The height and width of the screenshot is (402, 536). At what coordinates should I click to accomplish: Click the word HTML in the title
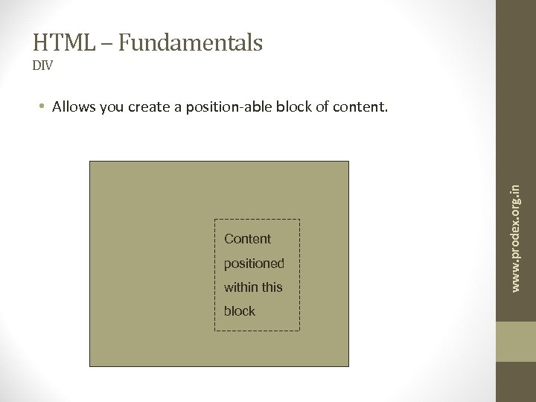(x=60, y=43)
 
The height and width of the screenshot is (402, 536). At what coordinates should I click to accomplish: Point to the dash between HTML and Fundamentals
(x=106, y=44)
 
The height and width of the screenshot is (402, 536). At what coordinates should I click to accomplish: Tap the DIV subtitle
(x=42, y=66)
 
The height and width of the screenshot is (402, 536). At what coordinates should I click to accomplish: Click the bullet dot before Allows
(x=44, y=107)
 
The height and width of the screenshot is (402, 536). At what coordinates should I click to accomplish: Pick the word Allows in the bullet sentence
(x=71, y=107)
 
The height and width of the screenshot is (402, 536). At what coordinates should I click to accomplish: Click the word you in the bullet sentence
(x=109, y=107)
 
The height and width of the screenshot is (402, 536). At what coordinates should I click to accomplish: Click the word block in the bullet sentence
(x=292, y=107)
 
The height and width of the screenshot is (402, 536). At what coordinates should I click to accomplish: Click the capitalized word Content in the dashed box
(x=248, y=239)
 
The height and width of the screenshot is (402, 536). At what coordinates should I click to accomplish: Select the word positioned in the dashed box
(x=254, y=264)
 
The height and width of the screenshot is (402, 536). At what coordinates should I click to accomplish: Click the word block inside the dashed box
(x=240, y=311)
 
